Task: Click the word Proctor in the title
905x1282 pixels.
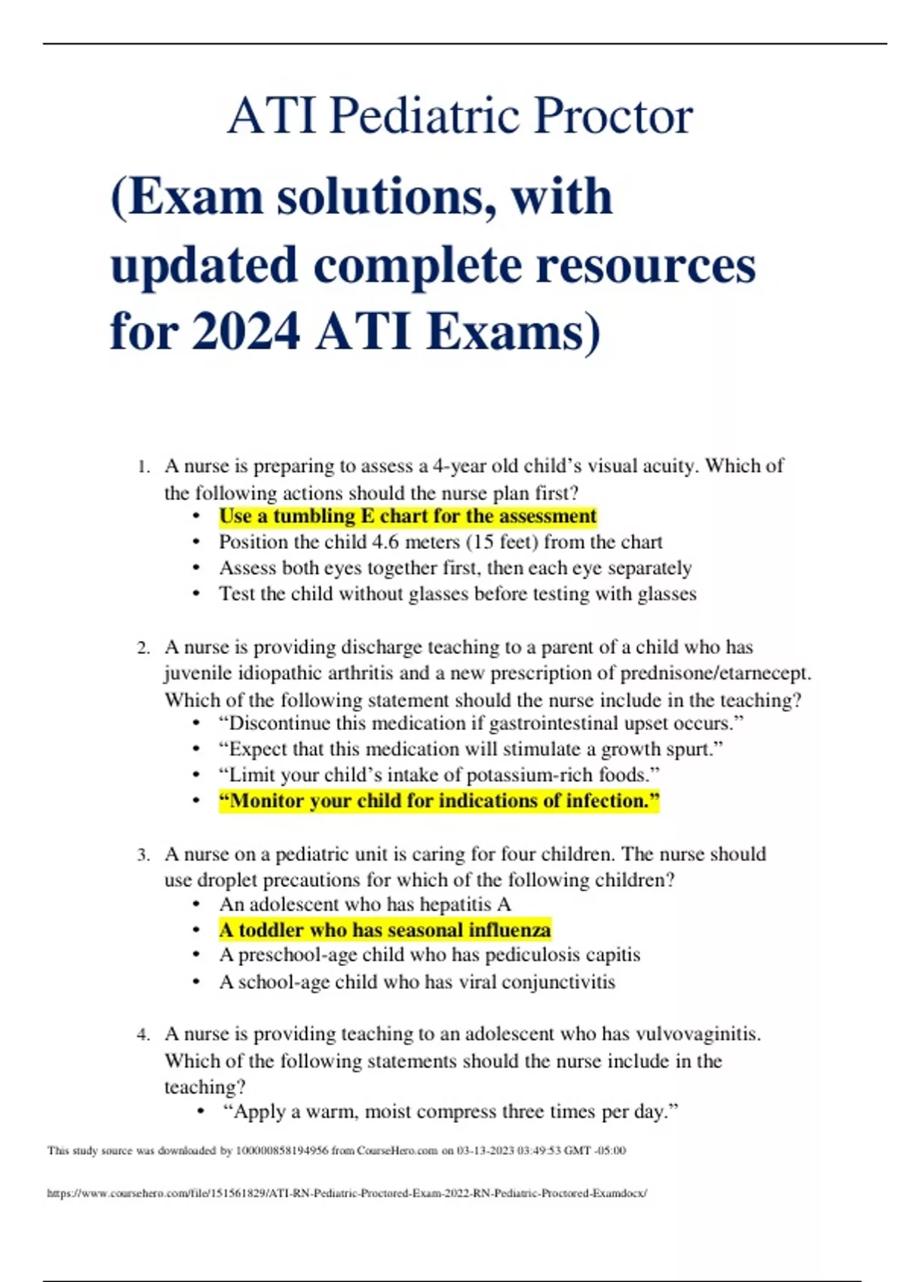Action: [x=613, y=116]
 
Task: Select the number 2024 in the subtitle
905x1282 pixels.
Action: [x=246, y=332]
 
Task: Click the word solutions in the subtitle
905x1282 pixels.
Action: [x=385, y=197]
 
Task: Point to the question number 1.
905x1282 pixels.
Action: [x=143, y=467]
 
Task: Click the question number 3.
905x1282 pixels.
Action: [x=143, y=855]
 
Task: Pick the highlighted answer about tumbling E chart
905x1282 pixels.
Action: [x=407, y=517]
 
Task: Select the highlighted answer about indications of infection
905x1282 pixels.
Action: [x=439, y=801]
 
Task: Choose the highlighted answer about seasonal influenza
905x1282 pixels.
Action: [x=385, y=930]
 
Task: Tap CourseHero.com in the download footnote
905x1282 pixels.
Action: [x=397, y=1151]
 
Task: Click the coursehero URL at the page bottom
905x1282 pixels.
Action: [x=347, y=1193]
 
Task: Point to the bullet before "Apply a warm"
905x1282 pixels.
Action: [x=200, y=1112]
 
